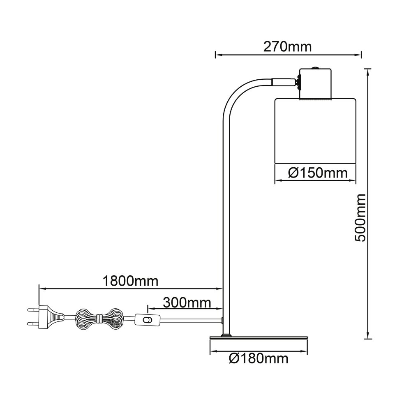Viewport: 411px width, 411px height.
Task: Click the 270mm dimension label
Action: (288, 47)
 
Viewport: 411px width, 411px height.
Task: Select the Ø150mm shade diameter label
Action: (318, 173)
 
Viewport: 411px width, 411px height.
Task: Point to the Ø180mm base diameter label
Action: (259, 358)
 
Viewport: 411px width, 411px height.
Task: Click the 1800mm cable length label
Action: (130, 281)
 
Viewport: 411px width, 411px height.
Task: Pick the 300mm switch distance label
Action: (187, 303)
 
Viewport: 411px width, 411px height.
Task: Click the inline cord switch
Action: (147, 320)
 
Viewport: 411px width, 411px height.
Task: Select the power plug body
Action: (51, 317)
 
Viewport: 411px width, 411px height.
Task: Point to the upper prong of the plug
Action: (33, 310)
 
